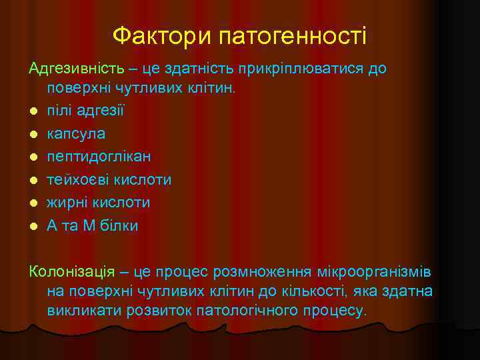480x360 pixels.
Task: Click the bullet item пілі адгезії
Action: tap(85, 110)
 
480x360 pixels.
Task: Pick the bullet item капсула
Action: tap(76, 133)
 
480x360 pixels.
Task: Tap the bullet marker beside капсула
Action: tap(33, 134)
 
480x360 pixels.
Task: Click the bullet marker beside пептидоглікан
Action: tap(33, 157)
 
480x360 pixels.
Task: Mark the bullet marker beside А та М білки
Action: tap(33, 226)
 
